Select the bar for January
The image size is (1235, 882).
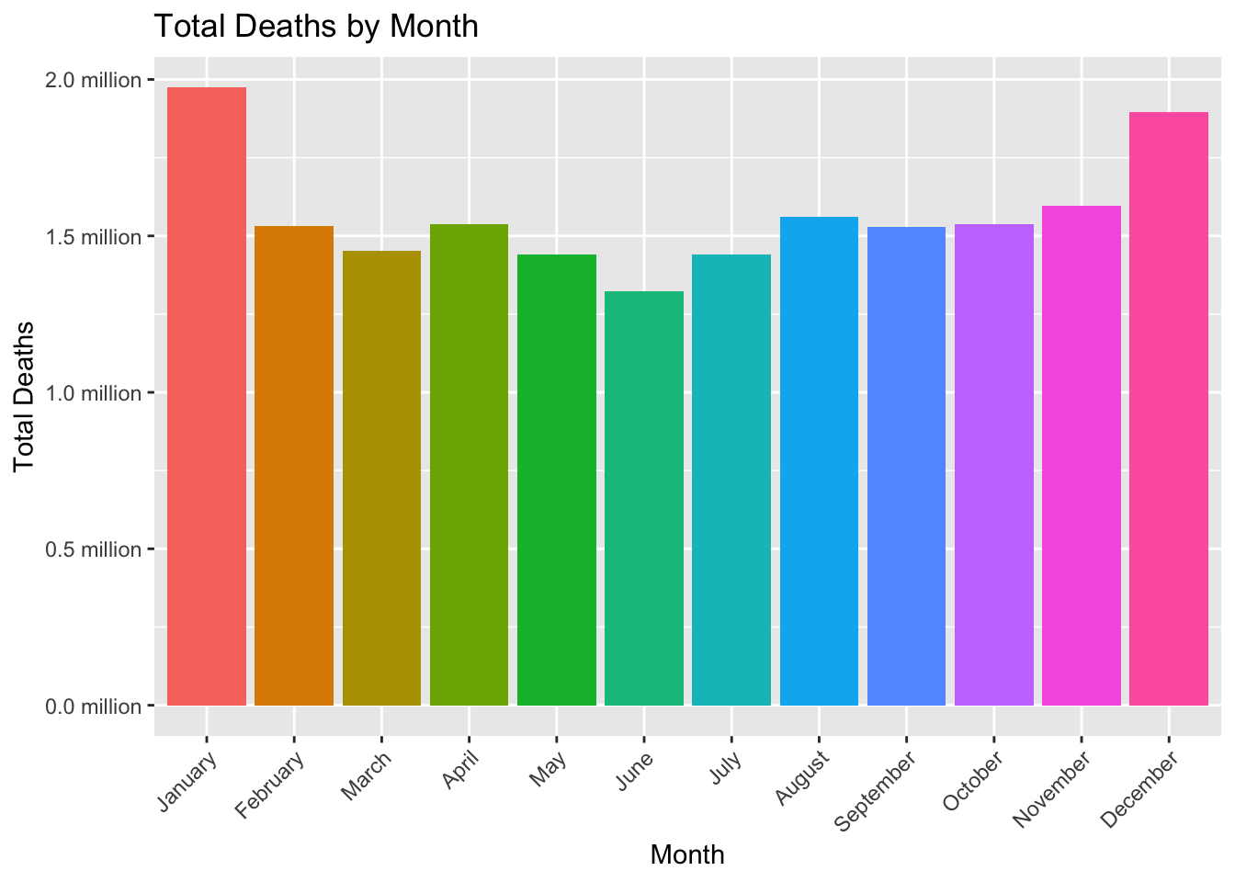(207, 396)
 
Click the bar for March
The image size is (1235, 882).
(381, 478)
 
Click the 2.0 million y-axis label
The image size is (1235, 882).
(94, 80)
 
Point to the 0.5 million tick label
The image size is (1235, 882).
(94, 549)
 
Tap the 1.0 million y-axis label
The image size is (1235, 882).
(94, 393)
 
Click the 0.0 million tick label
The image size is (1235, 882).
(94, 707)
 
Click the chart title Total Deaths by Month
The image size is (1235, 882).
(316, 26)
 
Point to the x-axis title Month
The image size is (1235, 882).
(687, 855)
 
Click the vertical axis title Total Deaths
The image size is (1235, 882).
(25, 396)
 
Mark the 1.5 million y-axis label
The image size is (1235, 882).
(94, 237)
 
